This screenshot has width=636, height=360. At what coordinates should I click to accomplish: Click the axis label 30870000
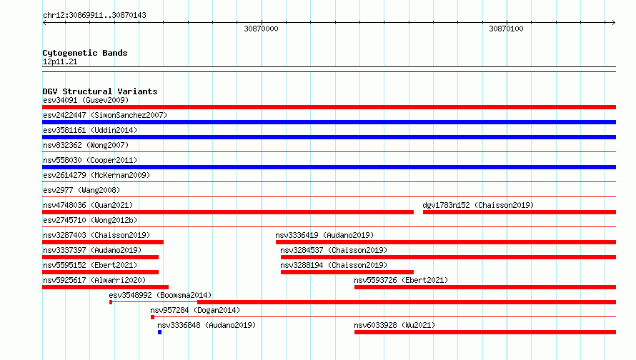[x=261, y=29]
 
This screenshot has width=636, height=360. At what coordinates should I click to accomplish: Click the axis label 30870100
[x=506, y=29]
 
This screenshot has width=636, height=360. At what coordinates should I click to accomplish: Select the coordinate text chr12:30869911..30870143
[x=94, y=16]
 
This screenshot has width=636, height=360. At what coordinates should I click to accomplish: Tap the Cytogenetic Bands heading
[x=85, y=53]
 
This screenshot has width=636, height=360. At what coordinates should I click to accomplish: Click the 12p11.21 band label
[x=60, y=61]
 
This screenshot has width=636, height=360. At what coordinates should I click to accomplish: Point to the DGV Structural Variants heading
[x=100, y=91]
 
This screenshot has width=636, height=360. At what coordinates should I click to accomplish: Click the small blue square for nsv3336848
[x=160, y=332]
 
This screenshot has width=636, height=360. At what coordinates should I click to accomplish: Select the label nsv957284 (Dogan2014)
[x=195, y=310]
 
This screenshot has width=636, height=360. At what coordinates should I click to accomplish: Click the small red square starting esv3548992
[x=111, y=302]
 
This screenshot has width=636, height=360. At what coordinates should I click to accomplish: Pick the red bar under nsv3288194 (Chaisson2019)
[x=347, y=272]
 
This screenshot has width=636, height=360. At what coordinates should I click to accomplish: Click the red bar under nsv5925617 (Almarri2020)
[x=106, y=287]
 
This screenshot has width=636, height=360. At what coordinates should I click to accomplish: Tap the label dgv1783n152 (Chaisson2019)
[x=478, y=205]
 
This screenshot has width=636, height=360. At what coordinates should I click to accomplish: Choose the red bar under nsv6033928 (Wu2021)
[x=485, y=332]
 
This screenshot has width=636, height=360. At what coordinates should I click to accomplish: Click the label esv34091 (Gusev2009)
[x=86, y=100]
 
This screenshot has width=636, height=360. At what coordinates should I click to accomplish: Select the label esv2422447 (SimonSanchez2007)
[x=105, y=115]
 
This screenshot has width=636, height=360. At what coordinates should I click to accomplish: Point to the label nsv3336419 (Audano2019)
[x=324, y=235]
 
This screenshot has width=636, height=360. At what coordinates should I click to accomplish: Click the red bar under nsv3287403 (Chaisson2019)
[x=103, y=242]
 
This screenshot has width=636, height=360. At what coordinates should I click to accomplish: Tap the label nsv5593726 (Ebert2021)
[x=401, y=280]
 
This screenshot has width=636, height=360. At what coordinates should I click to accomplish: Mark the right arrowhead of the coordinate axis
[x=614, y=22]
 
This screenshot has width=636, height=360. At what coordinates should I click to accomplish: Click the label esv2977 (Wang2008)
[x=81, y=190]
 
